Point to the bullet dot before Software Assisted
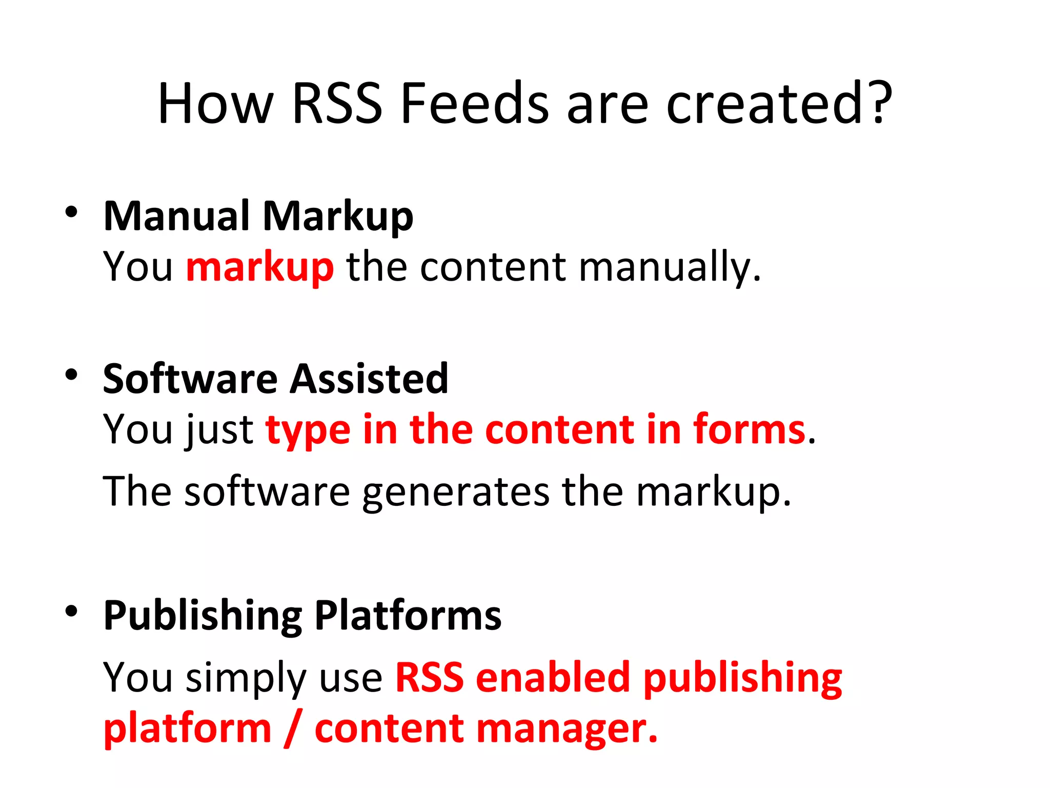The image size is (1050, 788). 71,375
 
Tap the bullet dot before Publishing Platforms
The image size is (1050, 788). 71,610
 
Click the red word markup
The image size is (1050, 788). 260,268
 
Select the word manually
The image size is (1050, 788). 670,268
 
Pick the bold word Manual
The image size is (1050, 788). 177,216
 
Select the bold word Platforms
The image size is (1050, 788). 408,615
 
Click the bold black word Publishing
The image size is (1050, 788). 203,616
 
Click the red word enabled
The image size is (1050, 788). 553,677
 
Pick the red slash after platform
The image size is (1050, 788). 293,728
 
